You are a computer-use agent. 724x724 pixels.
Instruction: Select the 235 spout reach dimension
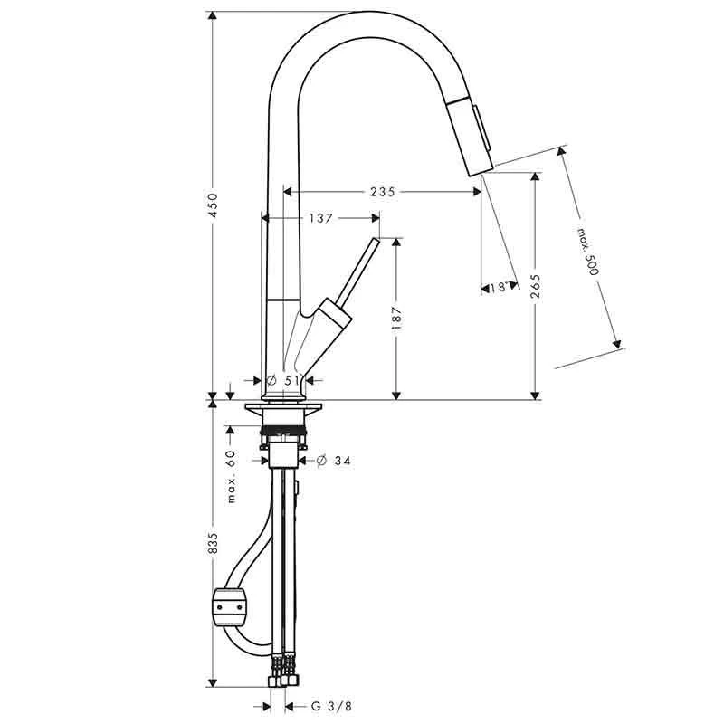click(384, 192)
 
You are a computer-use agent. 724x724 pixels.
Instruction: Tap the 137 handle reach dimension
click(322, 218)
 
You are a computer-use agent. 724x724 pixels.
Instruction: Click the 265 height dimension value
click(535, 287)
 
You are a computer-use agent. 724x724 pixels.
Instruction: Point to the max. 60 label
click(232, 477)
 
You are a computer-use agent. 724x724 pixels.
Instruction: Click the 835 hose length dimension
click(214, 543)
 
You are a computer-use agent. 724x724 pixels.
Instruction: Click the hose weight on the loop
click(229, 605)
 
